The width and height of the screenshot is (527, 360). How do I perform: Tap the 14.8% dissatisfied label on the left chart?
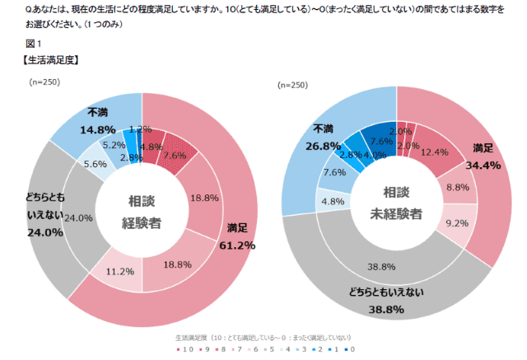point(96,129)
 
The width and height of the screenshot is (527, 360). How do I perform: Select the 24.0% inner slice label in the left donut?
point(77,218)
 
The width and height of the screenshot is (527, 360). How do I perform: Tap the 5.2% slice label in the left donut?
point(106,145)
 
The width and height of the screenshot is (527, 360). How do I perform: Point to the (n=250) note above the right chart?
point(293,84)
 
